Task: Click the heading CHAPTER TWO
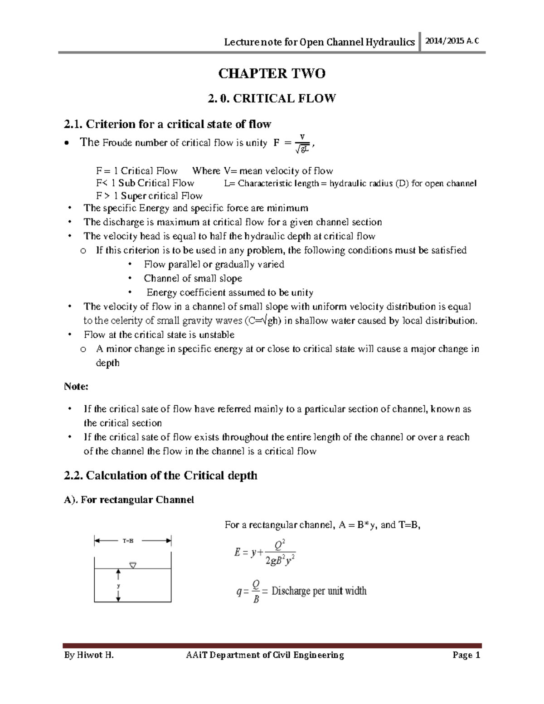[272, 73]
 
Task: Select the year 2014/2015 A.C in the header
[452, 41]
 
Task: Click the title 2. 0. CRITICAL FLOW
[272, 98]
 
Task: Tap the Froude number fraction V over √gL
[302, 143]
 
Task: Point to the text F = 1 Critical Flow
[136, 171]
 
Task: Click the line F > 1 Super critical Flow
[149, 196]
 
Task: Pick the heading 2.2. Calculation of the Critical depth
[161, 476]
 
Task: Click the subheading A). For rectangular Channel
[129, 500]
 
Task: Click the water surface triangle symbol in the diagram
[133, 565]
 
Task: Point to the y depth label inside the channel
[118, 586]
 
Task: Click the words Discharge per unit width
[319, 591]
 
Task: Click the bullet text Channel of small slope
[193, 278]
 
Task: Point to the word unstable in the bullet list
[217, 335]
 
